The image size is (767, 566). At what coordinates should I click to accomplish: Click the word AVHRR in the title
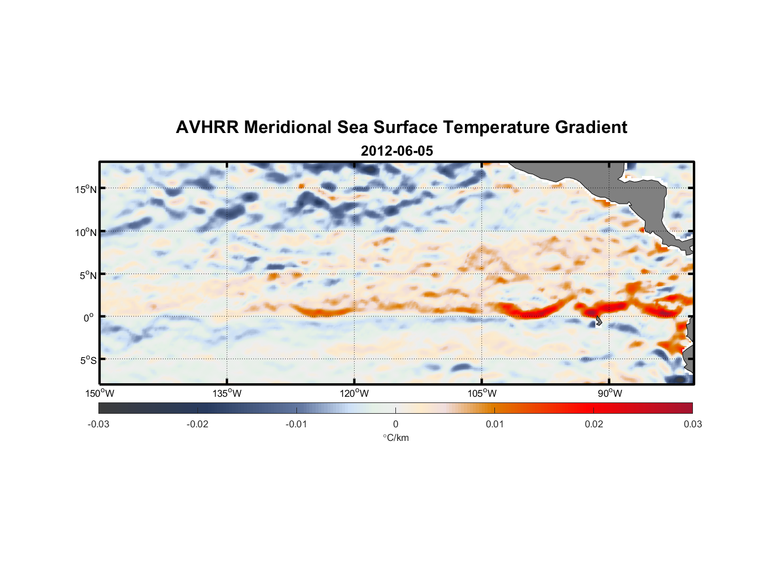(207, 127)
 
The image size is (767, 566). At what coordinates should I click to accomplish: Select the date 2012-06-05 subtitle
(397, 151)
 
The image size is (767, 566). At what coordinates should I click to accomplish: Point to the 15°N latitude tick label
(85, 189)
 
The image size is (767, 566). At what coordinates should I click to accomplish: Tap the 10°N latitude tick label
(85, 232)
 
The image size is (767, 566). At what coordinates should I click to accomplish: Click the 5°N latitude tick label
(88, 275)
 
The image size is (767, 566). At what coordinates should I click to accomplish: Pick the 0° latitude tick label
(89, 318)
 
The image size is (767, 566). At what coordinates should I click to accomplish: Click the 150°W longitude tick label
(100, 393)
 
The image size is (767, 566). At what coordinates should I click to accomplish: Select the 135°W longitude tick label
(227, 393)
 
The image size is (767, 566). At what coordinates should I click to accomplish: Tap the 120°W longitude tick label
(354, 393)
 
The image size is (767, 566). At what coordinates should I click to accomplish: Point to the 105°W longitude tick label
(482, 393)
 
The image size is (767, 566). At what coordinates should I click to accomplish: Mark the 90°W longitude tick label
(610, 393)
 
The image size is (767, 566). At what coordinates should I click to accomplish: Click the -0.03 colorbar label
(98, 424)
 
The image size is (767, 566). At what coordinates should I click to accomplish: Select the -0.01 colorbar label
(296, 424)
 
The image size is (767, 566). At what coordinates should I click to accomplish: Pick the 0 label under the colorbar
(395, 424)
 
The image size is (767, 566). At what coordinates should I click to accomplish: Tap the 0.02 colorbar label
(594, 424)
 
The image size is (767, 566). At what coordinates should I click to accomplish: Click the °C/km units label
(396, 438)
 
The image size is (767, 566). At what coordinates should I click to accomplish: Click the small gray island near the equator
(598, 321)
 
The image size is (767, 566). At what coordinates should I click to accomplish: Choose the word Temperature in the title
(496, 127)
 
